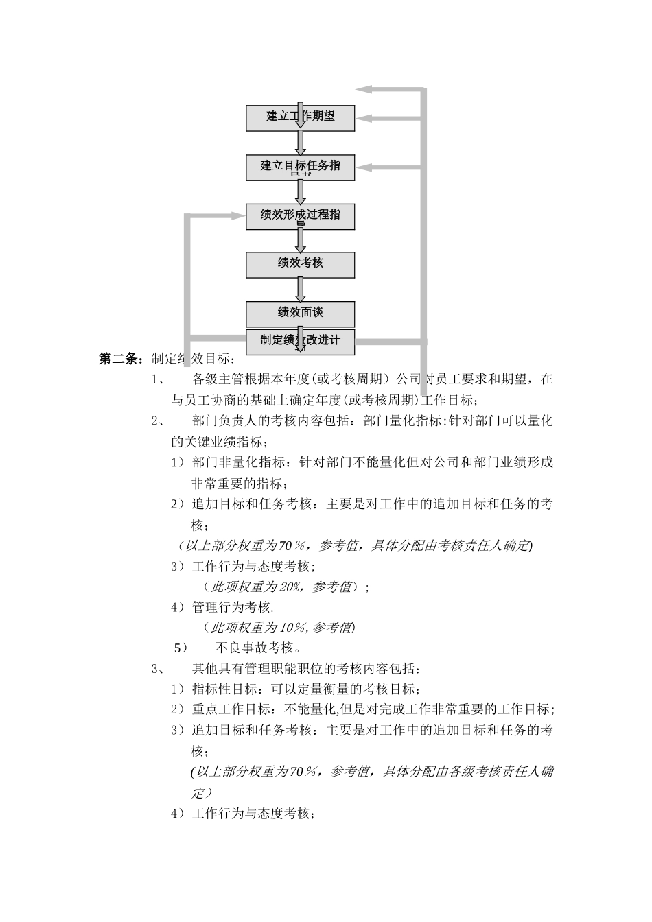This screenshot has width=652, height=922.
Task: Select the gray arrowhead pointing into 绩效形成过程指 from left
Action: coord(239,215)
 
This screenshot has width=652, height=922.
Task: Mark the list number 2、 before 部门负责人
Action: coord(157,421)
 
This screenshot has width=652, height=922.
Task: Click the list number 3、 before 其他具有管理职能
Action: coord(157,668)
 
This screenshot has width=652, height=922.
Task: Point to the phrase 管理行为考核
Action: coord(232,607)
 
